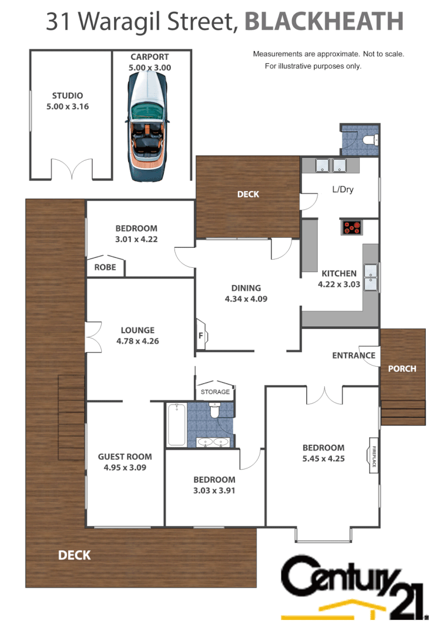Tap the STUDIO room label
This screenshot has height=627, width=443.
tap(67, 96)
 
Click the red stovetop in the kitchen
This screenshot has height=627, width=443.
tap(352, 227)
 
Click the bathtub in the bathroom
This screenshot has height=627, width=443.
tap(177, 424)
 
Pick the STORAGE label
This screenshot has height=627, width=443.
tap(215, 392)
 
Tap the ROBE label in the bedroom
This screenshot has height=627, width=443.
tap(105, 267)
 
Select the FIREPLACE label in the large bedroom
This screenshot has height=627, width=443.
tap(374, 455)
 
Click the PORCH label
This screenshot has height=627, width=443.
tap(402, 369)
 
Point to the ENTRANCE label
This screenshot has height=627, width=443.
tap(354, 355)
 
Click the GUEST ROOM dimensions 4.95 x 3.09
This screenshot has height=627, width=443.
tap(125, 467)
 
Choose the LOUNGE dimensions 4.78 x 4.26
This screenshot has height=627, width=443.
tap(138, 341)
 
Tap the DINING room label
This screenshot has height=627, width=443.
tap(246, 288)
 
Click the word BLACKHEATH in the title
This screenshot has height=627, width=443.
tap(324, 22)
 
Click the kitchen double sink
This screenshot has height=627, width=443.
tap(371, 278)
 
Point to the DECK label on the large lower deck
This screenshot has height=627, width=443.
tap(75, 555)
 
